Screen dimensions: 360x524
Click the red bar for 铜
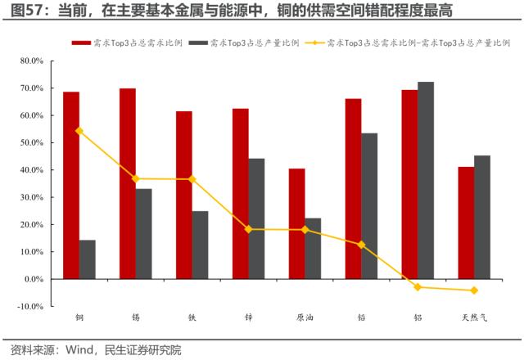[x=71, y=185]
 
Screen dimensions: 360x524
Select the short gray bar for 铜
[x=88, y=259]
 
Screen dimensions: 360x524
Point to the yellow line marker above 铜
[x=79, y=130]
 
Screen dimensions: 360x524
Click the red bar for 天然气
[x=465, y=223]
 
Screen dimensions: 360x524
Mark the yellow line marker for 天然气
[x=474, y=290]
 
